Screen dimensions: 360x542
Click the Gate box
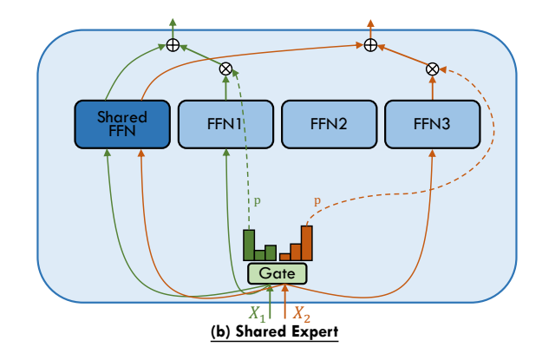point(278,274)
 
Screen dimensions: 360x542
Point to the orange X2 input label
point(300,313)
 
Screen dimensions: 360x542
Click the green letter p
point(257,201)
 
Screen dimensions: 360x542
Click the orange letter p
point(317,201)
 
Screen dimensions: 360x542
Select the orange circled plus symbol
point(370,44)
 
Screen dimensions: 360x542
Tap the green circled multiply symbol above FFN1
point(225,68)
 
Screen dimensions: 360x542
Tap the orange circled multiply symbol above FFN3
point(432,68)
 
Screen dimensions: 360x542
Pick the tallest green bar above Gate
point(249,245)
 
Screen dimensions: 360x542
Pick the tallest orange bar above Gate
point(306,243)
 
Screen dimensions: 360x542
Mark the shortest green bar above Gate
point(260,255)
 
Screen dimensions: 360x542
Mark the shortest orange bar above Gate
point(284,257)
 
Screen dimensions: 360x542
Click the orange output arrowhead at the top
point(370,20)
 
